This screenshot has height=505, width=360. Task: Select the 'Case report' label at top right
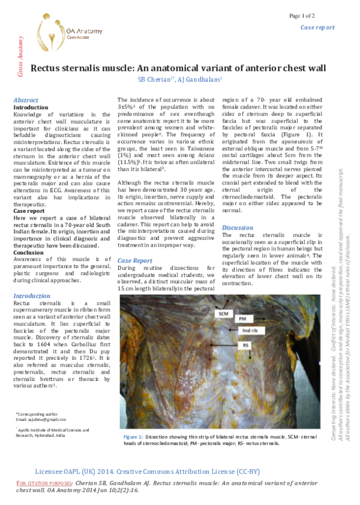[317, 28]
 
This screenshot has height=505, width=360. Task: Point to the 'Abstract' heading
[26, 100]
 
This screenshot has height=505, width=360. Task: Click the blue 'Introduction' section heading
[32, 296]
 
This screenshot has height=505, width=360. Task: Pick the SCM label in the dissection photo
[223, 313]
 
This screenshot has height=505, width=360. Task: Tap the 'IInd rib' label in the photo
[250, 330]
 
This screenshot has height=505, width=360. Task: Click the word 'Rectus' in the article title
[48, 68]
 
